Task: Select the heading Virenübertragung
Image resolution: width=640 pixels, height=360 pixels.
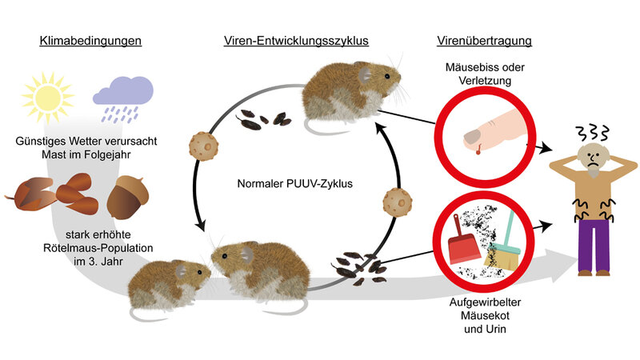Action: [485, 40]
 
